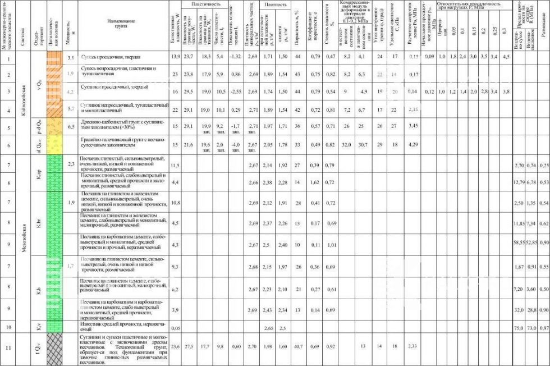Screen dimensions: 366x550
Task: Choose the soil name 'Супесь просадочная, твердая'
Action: (x=109, y=57)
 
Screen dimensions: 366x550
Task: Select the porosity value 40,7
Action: (x=297, y=346)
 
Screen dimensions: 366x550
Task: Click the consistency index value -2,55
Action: (x=236, y=91)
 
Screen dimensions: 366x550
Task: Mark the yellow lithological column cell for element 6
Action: (x=54, y=145)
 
